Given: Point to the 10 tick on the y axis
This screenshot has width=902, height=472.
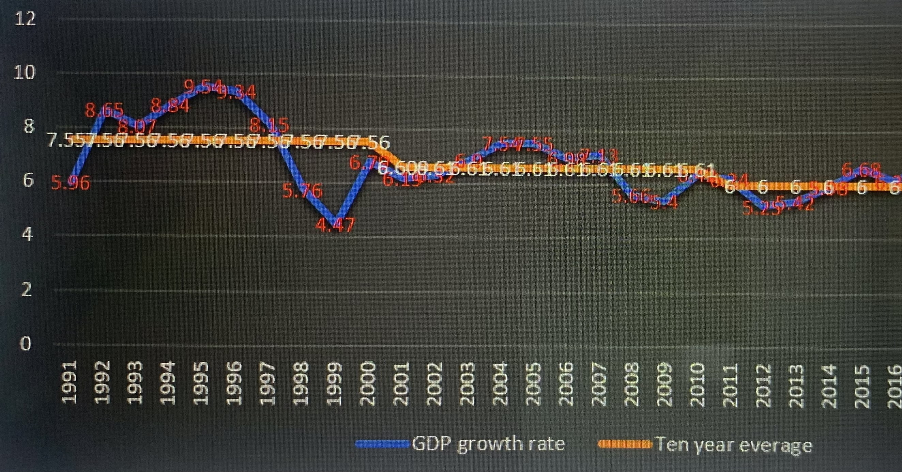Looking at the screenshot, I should [x=24, y=73].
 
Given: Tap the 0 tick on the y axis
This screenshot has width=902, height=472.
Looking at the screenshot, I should [x=25, y=344].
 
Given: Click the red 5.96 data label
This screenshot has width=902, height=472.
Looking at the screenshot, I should [x=71, y=183].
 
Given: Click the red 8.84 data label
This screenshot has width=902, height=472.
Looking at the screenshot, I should [x=170, y=105].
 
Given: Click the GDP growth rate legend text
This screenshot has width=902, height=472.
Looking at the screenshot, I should [x=488, y=444].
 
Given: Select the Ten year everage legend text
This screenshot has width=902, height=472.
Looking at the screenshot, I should [x=734, y=445].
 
